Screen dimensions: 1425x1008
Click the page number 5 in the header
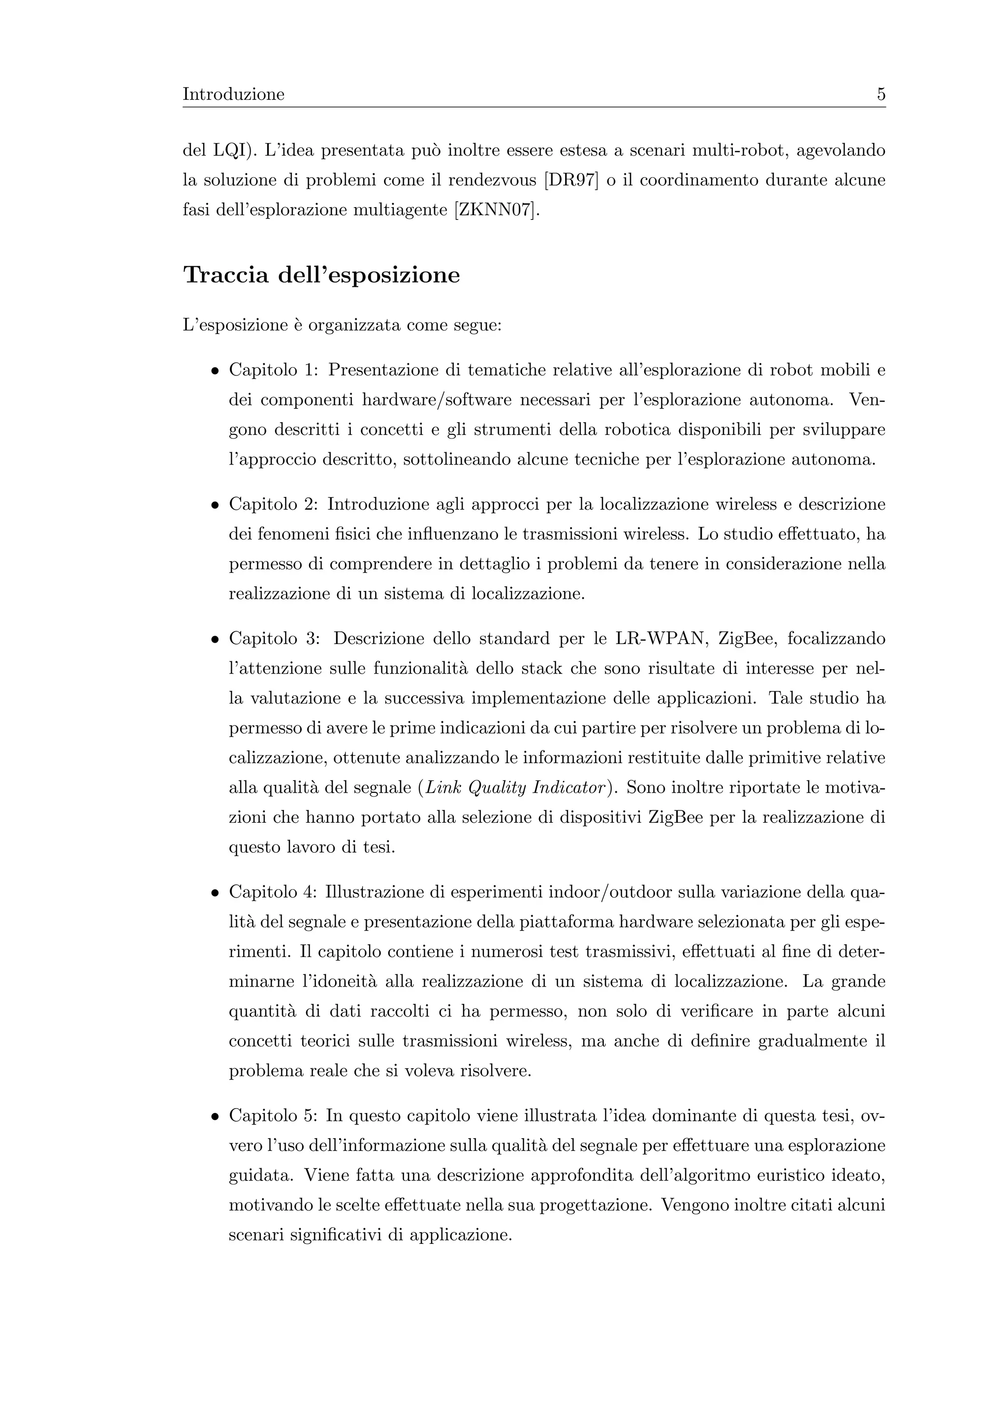tap(881, 95)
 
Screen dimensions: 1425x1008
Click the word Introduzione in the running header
tap(233, 95)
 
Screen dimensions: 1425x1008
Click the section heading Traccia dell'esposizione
tap(321, 275)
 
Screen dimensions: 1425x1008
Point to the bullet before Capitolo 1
tap(214, 371)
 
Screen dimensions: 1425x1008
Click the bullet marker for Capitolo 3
tap(214, 639)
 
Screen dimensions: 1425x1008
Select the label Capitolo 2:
tap(273, 504)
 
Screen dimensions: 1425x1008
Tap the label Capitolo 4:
tap(273, 893)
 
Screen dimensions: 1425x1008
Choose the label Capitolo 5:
tap(273, 1116)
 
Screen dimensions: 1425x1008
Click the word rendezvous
tap(492, 181)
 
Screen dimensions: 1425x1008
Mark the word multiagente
tap(400, 211)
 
